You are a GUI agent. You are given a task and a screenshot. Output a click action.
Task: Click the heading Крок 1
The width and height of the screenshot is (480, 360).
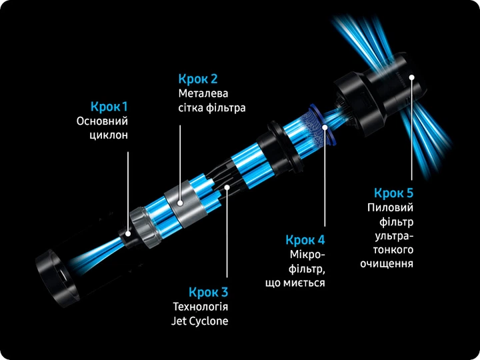point(109,107)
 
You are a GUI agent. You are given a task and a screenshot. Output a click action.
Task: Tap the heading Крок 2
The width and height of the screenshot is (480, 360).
point(198,79)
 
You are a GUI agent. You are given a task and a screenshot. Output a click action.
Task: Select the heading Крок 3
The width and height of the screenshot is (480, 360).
point(208,292)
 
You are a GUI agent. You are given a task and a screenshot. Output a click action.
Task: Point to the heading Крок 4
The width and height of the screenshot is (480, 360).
point(305,240)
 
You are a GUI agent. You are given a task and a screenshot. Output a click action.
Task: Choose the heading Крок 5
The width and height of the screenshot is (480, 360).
point(394,193)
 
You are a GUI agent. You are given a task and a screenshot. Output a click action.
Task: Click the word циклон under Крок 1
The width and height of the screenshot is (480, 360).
point(109,135)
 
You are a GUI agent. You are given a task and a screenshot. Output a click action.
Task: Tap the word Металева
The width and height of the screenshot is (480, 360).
point(203,93)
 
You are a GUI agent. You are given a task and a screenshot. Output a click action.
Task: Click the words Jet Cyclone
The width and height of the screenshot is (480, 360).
point(199,321)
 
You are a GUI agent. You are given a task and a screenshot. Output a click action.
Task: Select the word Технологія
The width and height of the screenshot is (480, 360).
point(201,307)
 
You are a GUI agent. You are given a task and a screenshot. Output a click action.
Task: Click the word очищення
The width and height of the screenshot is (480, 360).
point(387,264)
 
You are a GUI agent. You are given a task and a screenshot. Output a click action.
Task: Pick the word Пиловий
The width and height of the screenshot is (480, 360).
point(390,207)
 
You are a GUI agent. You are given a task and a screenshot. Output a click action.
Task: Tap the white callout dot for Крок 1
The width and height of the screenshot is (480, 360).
point(128,234)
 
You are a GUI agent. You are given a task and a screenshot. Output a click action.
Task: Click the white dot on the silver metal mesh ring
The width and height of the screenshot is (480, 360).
point(180,203)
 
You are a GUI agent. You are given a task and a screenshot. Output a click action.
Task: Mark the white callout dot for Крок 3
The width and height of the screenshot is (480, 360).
point(227,187)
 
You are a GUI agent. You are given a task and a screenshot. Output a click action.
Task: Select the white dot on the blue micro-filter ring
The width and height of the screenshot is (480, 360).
point(325,127)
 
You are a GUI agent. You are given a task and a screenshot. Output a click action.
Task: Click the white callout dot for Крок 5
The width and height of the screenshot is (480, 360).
point(412,77)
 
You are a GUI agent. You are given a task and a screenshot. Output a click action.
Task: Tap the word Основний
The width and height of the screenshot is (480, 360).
point(102,121)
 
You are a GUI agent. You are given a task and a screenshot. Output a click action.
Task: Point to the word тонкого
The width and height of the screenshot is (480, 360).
point(393,250)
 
